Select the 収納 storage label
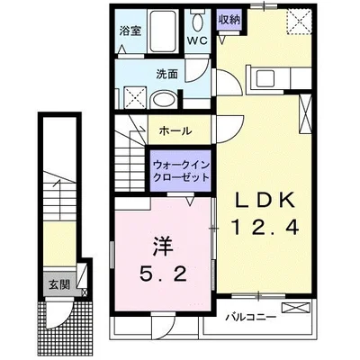tap(229, 19)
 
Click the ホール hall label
tap(175, 131)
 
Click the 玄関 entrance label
tap(59, 285)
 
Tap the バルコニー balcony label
tap(251, 318)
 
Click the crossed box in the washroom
tap(135, 94)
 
